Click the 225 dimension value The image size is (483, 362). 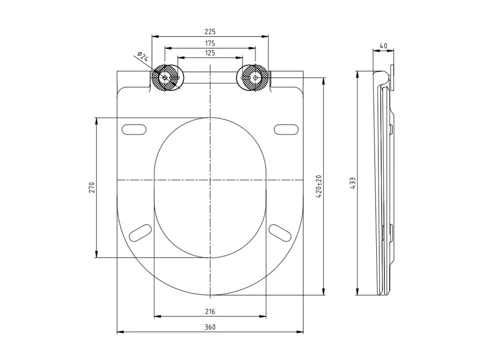(x=210, y=32)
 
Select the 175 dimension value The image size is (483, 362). (x=210, y=43)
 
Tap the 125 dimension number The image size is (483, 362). (x=210, y=53)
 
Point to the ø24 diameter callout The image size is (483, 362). (x=143, y=57)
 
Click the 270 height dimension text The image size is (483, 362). (x=92, y=187)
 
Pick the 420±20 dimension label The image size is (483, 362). (x=319, y=187)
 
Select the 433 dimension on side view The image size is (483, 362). (x=353, y=183)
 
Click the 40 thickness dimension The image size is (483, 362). (x=383, y=46)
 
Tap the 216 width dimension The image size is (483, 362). (x=210, y=311)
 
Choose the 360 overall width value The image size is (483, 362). (x=210, y=327)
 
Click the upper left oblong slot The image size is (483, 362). (x=134, y=129)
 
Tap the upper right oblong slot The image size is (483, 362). (x=286, y=129)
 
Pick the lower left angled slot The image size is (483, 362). (x=140, y=233)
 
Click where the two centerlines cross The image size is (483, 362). (x=210, y=180)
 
